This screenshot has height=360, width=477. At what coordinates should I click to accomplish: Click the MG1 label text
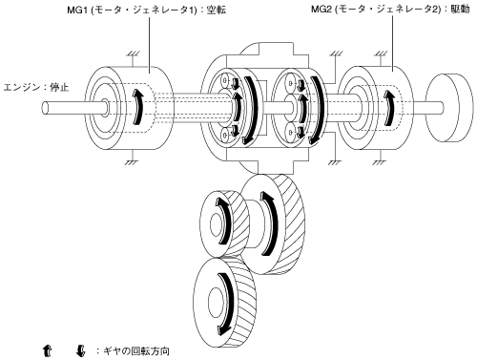[x=147, y=10]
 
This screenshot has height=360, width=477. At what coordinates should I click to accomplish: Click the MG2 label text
[x=390, y=10]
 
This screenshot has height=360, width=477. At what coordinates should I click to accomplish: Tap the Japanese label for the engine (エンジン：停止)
[x=36, y=87]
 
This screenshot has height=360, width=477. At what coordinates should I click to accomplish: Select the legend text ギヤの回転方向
[x=135, y=351]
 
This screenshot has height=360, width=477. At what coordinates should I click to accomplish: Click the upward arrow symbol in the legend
[x=47, y=350]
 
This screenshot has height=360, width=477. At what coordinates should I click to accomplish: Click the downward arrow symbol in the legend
[x=81, y=350]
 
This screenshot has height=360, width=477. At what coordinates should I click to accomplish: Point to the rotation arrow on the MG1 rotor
[x=137, y=107]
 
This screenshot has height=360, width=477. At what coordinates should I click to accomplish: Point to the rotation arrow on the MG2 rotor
[x=388, y=108]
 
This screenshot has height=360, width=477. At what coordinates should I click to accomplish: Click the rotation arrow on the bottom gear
[x=228, y=304]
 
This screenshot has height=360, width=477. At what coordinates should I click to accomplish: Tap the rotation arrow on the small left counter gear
[x=225, y=222]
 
